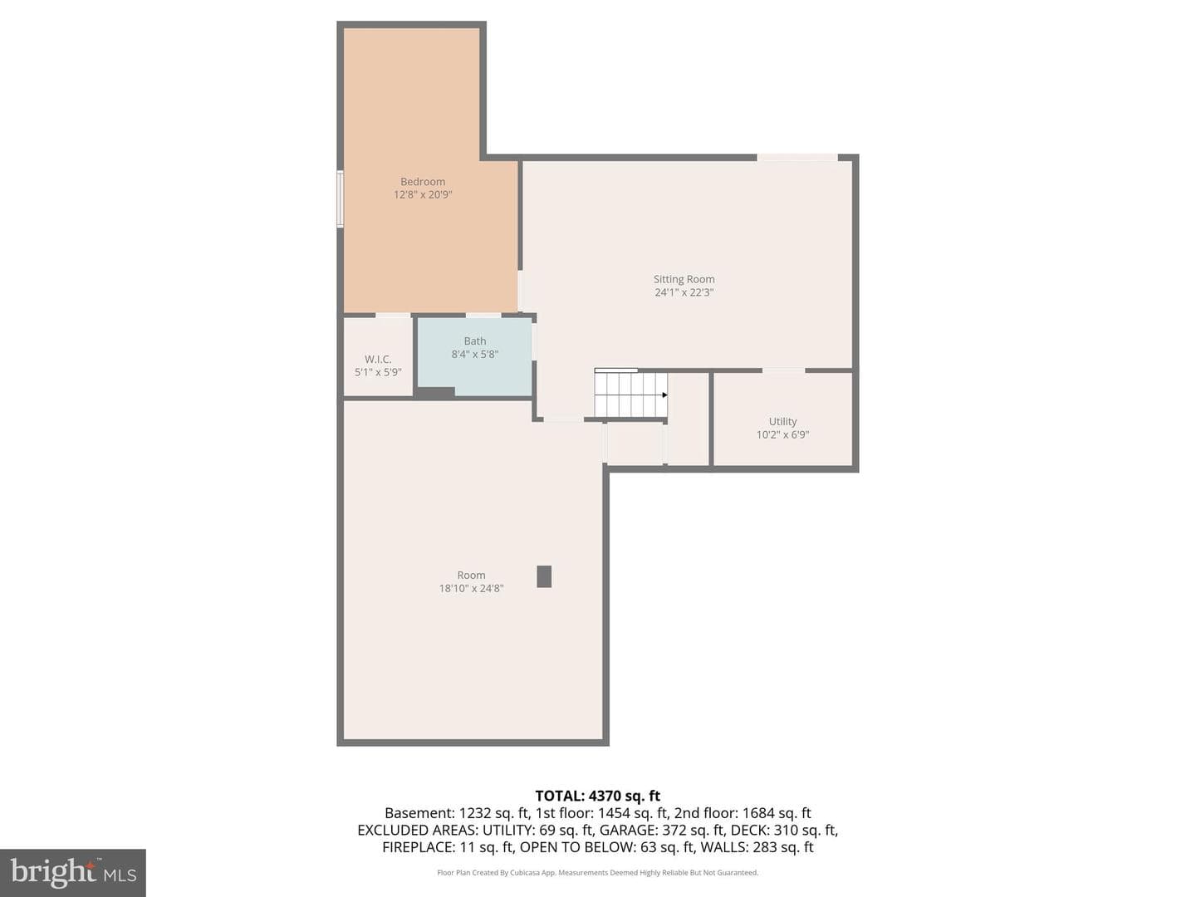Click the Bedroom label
click(422, 181)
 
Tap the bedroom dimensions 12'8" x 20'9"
click(423, 194)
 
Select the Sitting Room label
click(684, 279)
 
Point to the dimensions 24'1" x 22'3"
click(684, 292)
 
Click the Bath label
click(474, 341)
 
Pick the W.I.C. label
click(378, 360)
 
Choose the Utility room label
click(782, 422)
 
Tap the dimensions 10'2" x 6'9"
click(782, 434)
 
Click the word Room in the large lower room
click(471, 575)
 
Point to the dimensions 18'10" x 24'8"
click(471, 588)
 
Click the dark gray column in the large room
click(544, 576)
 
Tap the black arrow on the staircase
click(664, 395)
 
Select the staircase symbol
click(630, 393)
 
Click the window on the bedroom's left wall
click(340, 199)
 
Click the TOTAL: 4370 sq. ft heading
click(598, 797)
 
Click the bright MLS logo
click(73, 872)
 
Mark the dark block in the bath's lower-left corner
click(436, 392)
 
